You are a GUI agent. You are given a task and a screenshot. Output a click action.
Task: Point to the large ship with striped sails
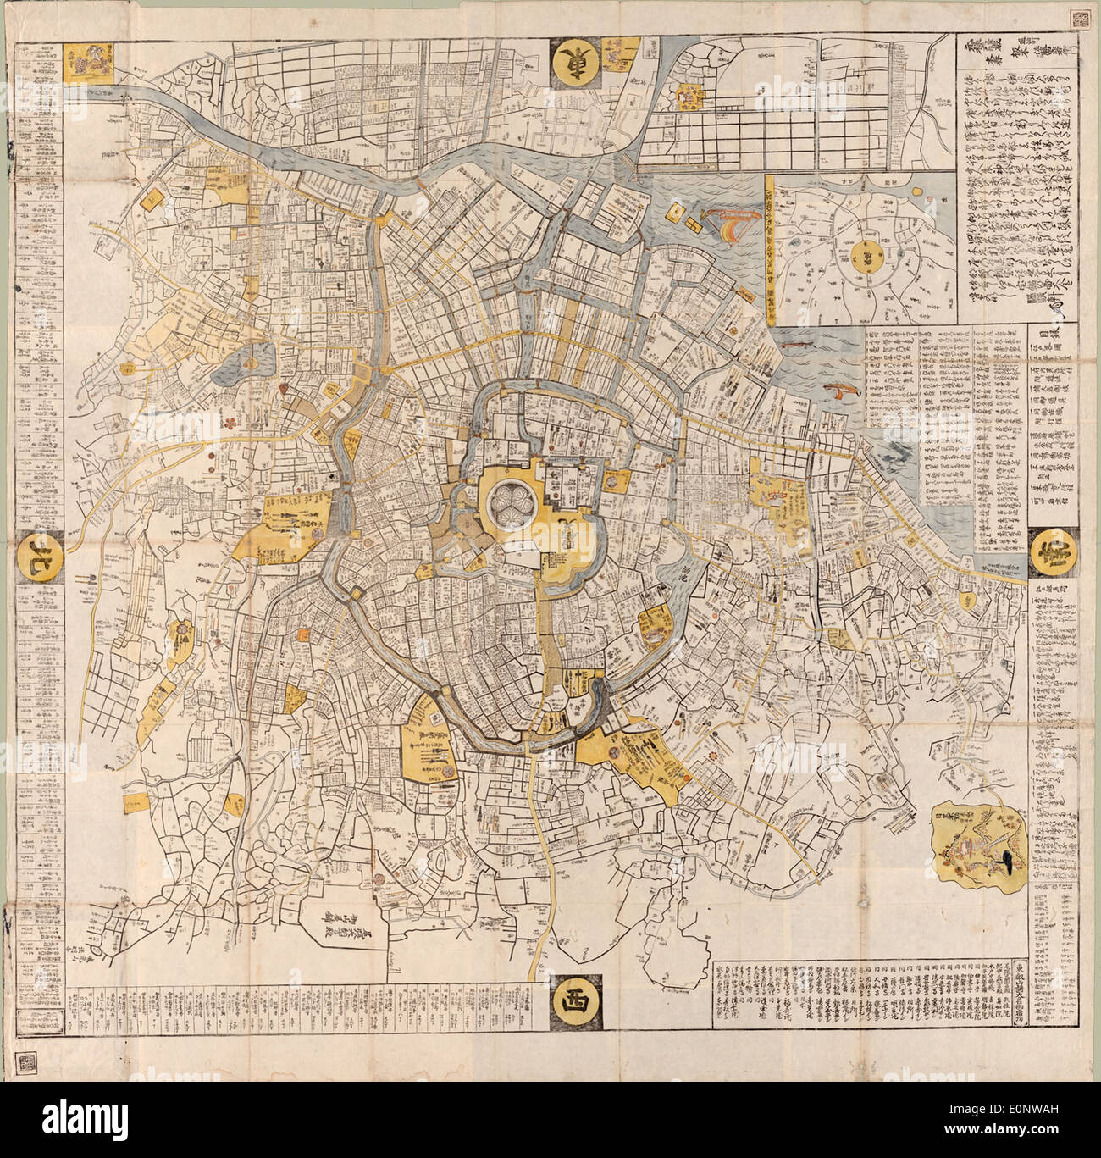click(x=730, y=224)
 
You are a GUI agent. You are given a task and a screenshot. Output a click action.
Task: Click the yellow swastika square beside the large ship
click(x=677, y=210)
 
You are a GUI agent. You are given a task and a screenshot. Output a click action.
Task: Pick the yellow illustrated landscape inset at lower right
click(x=979, y=839)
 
